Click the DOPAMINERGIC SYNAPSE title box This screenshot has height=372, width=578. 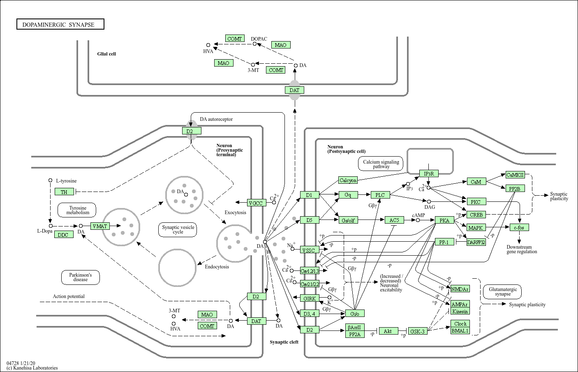click(60, 25)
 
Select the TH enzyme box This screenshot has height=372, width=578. click(64, 192)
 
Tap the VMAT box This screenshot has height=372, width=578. click(99, 226)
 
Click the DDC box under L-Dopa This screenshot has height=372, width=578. click(63, 235)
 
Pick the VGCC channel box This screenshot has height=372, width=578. click(255, 203)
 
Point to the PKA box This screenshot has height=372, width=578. click(444, 220)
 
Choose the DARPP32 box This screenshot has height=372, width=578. click(476, 243)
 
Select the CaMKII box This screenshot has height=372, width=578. click(515, 175)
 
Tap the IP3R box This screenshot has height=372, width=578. click(429, 173)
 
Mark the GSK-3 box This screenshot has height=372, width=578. click(418, 331)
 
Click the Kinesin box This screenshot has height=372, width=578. click(460, 311)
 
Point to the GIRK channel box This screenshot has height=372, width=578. click(310, 298)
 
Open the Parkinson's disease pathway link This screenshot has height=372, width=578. click(81, 277)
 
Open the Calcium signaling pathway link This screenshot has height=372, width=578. click(381, 164)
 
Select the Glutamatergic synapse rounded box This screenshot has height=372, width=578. click(503, 291)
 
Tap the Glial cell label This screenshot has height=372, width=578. click(106, 54)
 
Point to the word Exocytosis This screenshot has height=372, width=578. click(235, 213)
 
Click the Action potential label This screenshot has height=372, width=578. click(69, 296)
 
